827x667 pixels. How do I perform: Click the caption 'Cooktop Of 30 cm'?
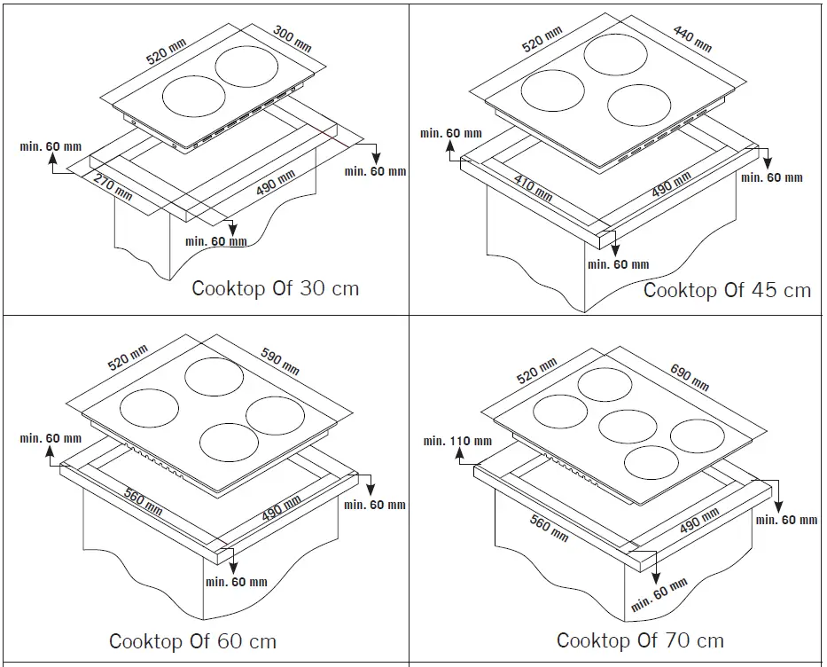click(276, 288)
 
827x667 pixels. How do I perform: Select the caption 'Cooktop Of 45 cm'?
click(727, 290)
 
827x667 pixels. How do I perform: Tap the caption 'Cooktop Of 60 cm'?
click(192, 640)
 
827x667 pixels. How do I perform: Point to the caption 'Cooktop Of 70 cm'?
click(640, 640)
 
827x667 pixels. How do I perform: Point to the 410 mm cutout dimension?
click(534, 188)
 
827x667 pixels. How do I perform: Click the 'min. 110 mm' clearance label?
click(456, 441)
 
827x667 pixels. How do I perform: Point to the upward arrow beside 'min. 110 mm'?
click(462, 455)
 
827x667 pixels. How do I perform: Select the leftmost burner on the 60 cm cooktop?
click(148, 409)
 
